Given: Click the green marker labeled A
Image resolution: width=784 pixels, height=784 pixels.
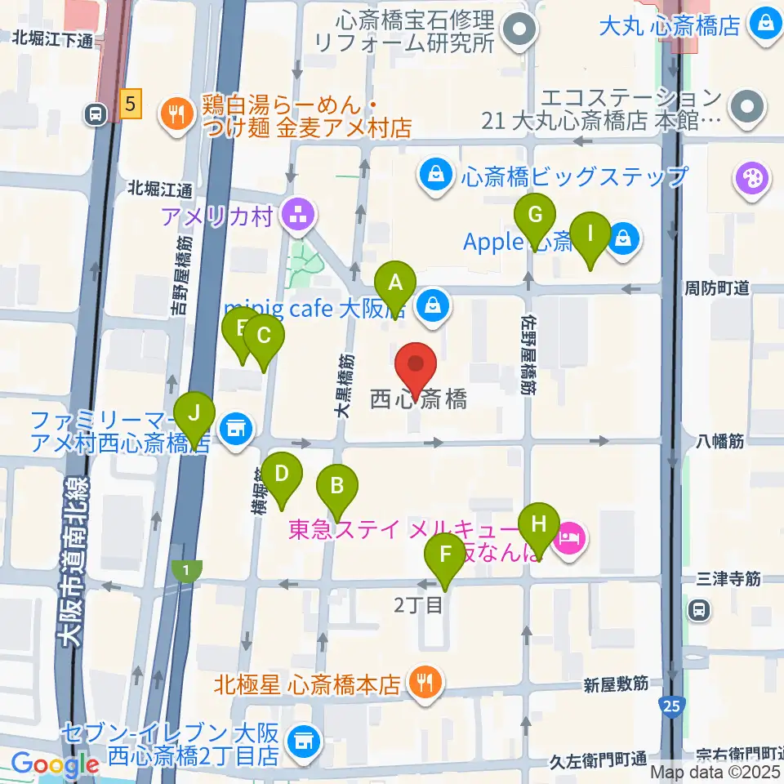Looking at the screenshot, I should pos(396,284).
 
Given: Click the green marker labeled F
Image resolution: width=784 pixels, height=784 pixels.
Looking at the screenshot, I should pos(445,555).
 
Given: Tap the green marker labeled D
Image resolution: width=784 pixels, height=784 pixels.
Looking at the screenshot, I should pos(282,474).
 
